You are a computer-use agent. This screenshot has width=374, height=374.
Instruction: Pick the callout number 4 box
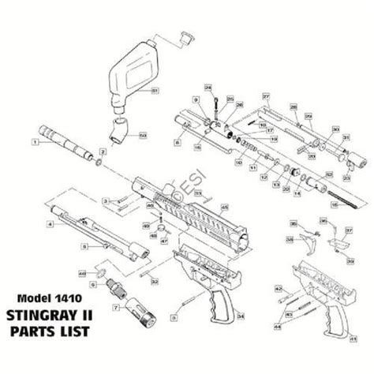tap(50, 225)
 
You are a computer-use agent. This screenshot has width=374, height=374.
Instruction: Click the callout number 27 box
tap(266, 95)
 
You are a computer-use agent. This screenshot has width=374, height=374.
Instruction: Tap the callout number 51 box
tap(155, 92)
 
